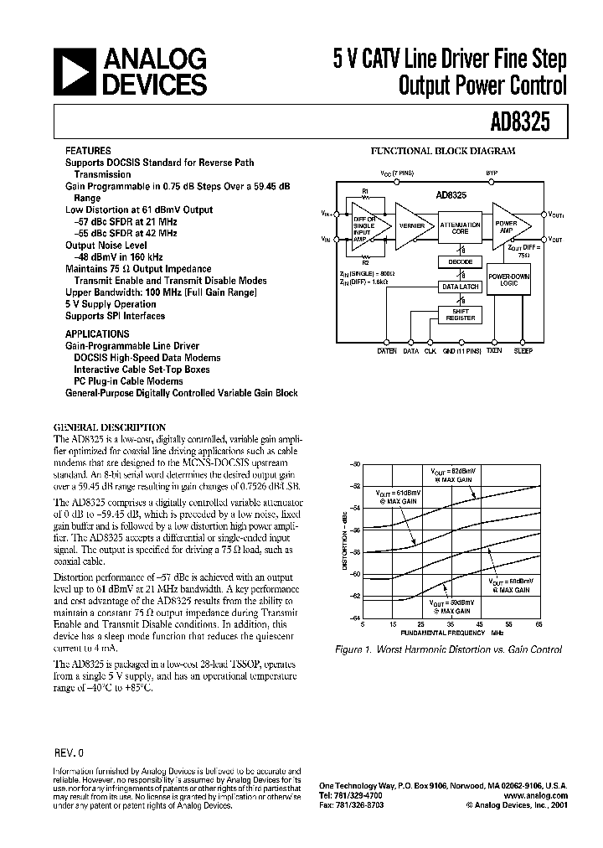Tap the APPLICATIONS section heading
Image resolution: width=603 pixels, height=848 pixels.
[x=94, y=333]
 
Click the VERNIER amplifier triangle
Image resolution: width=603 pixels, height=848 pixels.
[x=410, y=226]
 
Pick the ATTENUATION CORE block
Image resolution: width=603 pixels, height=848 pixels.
[x=461, y=226]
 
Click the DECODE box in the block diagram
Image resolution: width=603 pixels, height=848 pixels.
[x=461, y=262]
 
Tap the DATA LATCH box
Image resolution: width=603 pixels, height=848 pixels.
[x=461, y=287]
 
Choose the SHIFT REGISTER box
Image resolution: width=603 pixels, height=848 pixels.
[x=461, y=315]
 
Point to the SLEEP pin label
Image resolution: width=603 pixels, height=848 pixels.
[x=523, y=351]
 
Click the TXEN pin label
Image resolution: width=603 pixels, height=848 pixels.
[x=493, y=351]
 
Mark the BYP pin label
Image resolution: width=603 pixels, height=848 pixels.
[x=492, y=173]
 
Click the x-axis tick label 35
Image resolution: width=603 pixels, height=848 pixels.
[x=451, y=625]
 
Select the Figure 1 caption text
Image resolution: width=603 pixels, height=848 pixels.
[x=448, y=649]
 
